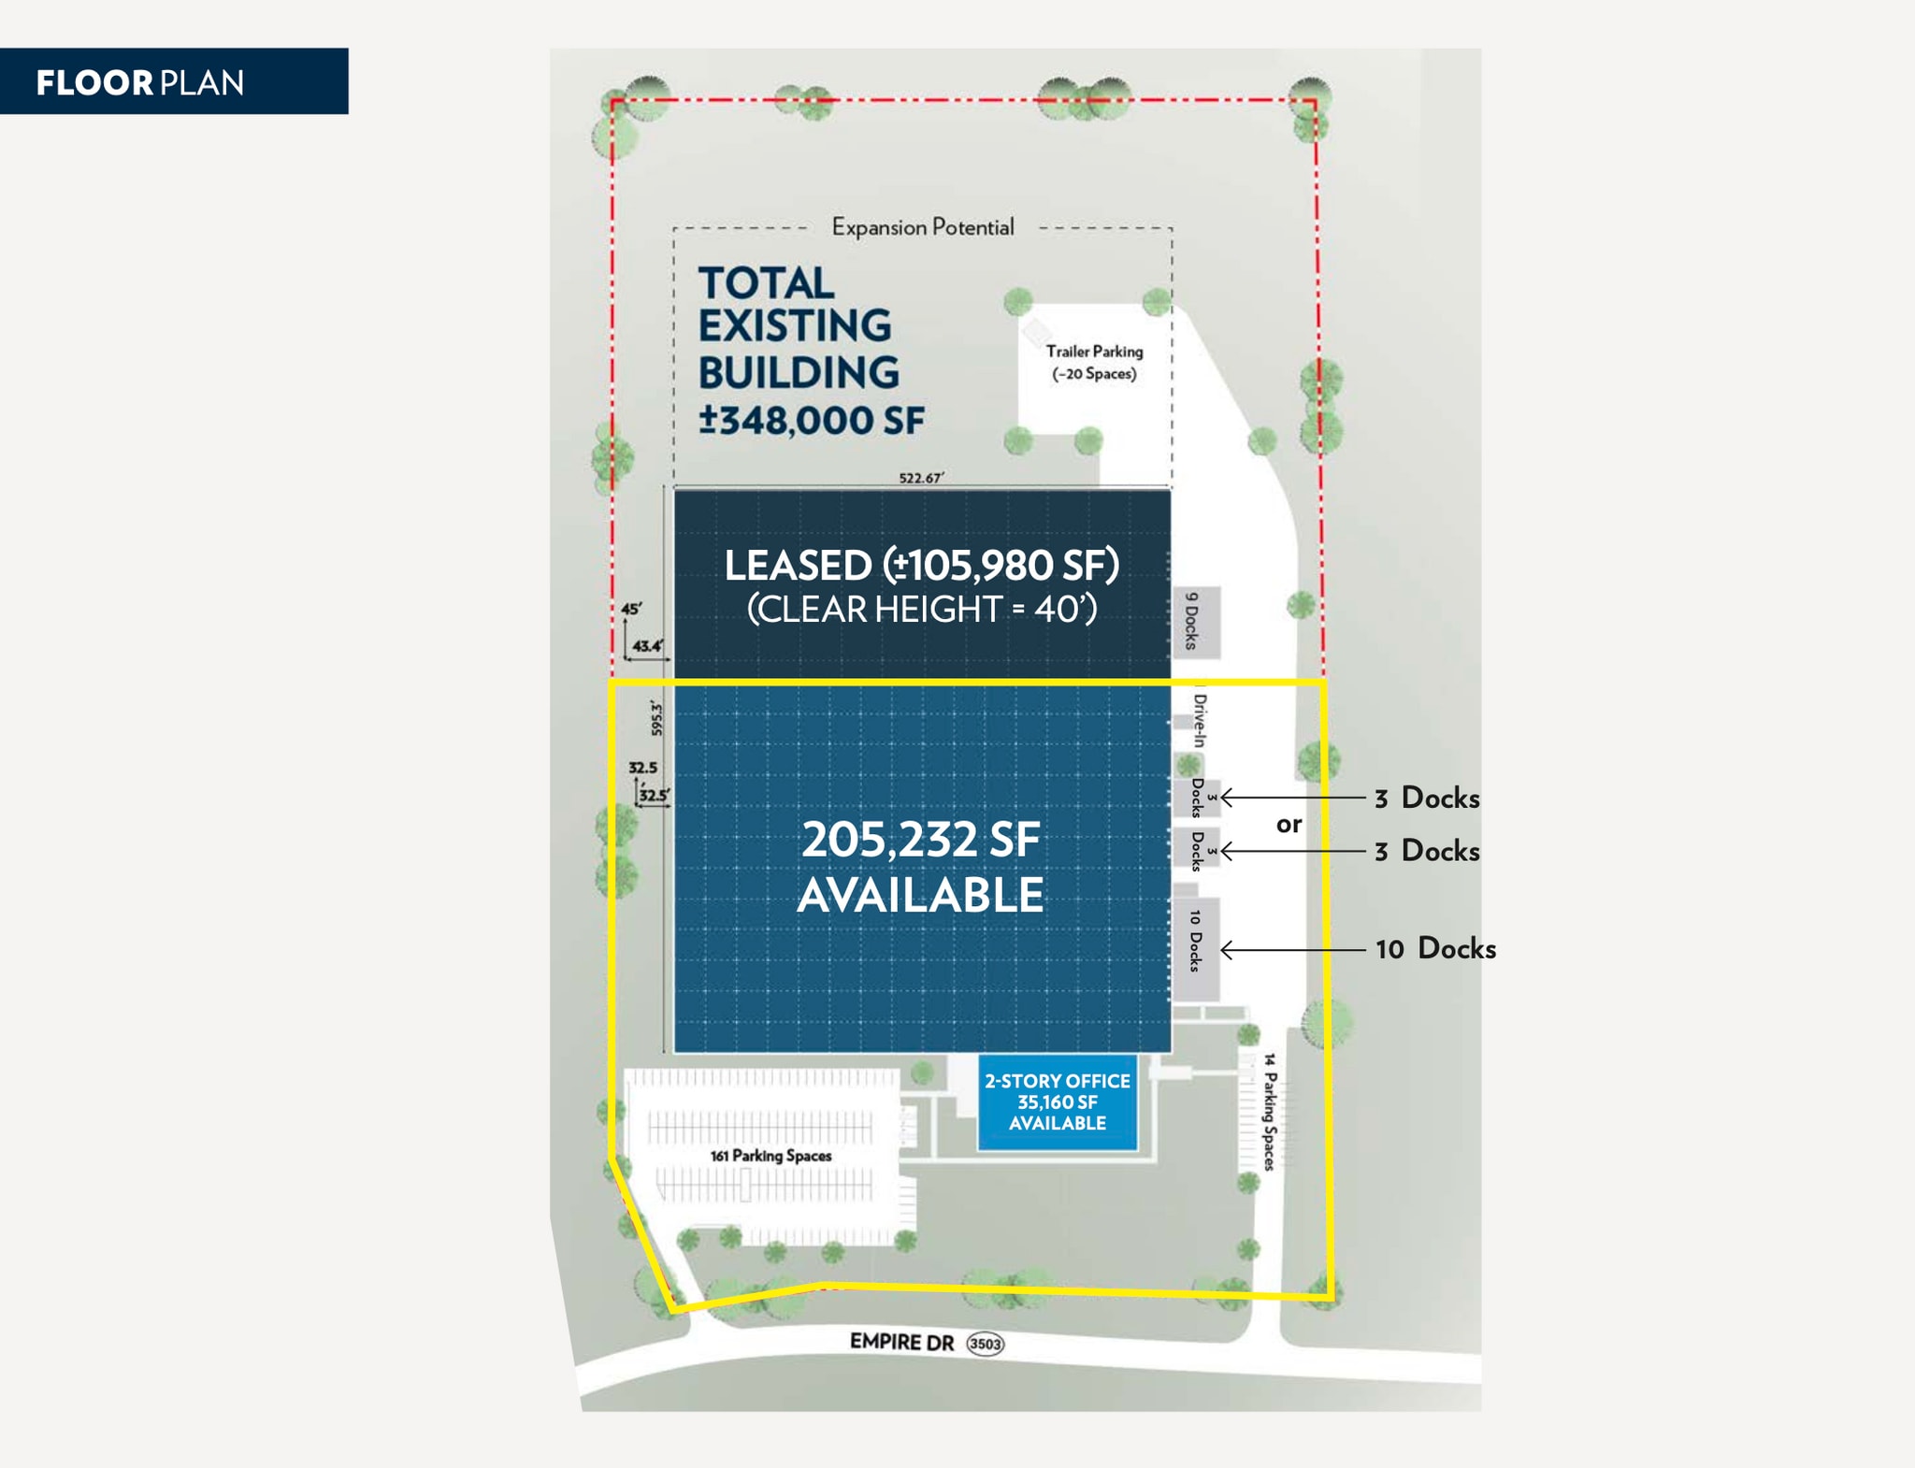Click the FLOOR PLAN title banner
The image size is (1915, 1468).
(x=173, y=82)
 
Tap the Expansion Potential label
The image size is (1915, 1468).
(x=922, y=227)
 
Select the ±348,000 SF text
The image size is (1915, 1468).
(x=811, y=420)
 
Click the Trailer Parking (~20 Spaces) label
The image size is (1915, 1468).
(x=1094, y=363)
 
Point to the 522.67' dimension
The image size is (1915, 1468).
(x=921, y=478)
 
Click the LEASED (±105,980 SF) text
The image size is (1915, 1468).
(x=921, y=565)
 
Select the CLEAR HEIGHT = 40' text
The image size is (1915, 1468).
(x=921, y=610)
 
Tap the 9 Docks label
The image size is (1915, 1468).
(x=1191, y=621)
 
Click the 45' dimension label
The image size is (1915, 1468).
(x=632, y=609)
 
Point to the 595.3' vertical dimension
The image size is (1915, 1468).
(x=656, y=718)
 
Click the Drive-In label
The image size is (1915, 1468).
(x=1200, y=720)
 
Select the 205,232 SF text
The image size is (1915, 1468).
(x=921, y=840)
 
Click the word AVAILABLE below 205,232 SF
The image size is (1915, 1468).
(x=921, y=895)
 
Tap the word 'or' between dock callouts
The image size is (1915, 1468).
(x=1289, y=824)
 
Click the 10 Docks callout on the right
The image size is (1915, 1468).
(x=1435, y=948)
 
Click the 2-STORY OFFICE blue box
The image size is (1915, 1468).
(x=1058, y=1102)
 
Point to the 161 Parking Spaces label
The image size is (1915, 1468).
(x=770, y=1156)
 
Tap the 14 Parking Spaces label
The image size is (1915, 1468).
(x=1269, y=1112)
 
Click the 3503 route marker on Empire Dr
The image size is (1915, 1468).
(x=985, y=1344)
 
